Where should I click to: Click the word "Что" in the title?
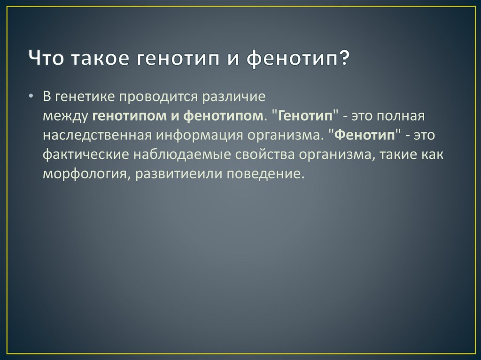pyautogui.click(x=46, y=58)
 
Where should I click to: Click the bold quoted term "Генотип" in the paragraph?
pyautogui.click(x=305, y=116)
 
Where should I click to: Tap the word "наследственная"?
pyautogui.click(x=97, y=136)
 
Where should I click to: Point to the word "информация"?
pyautogui.click(x=199, y=136)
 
